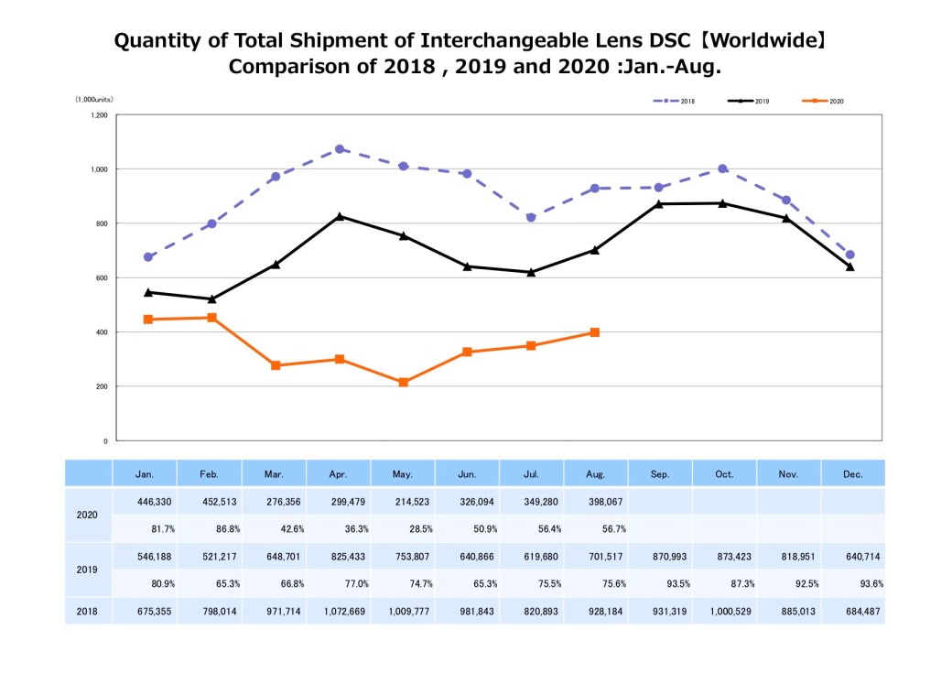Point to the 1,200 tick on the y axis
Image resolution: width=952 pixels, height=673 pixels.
coord(99,115)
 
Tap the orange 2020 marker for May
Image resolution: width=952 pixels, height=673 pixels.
coord(403,382)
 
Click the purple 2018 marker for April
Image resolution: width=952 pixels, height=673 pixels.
coord(339,149)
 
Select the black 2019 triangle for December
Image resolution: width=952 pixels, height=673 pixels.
coord(850,266)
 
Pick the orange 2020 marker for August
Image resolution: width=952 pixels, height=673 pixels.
coord(595,332)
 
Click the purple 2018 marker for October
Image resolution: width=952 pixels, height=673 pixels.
coord(722,168)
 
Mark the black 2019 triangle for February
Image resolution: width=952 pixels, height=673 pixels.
coord(211,299)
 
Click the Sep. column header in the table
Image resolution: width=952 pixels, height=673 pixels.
coord(660,474)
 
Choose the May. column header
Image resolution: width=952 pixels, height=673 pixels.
coord(403,474)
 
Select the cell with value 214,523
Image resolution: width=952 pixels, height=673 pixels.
coord(403,502)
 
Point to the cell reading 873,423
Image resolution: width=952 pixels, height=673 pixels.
coord(724,557)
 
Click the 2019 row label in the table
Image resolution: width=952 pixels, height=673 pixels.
coord(87,569)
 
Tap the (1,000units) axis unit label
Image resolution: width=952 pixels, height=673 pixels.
coord(94,99)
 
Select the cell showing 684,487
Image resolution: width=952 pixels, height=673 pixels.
coord(852,612)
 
